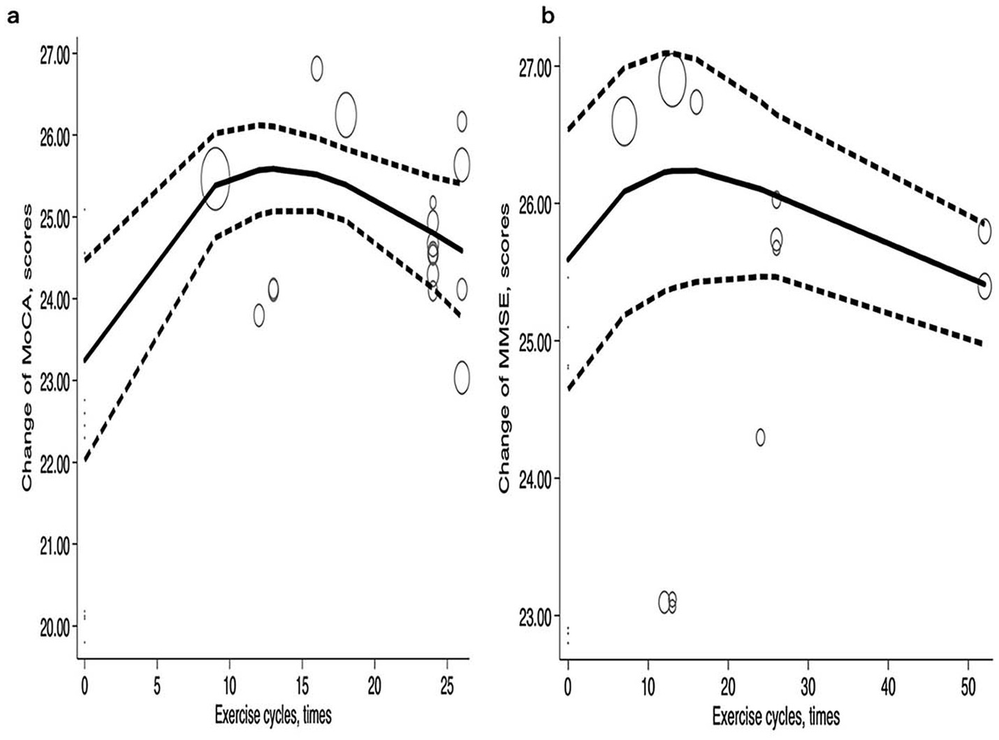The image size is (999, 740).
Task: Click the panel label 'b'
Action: point(548,15)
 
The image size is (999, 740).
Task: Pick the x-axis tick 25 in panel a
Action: point(447,686)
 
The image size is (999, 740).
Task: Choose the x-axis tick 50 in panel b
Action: point(968,686)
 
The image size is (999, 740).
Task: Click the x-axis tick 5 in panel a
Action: point(157,686)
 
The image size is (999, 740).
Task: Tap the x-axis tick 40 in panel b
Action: point(888,686)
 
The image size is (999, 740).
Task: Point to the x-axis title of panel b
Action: point(776,716)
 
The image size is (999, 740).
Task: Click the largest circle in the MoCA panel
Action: point(215,179)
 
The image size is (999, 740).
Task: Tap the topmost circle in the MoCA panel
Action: point(316,68)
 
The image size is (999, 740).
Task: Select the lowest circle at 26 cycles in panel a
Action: point(462,378)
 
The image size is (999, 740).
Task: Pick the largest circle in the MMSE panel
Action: point(672,81)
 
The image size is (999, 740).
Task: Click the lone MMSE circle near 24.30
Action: point(760,437)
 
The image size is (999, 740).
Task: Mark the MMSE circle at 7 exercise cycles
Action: point(625,121)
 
